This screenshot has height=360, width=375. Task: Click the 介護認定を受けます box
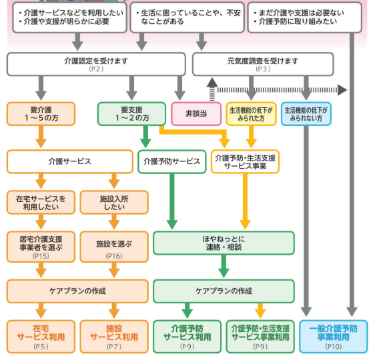(x=97, y=64)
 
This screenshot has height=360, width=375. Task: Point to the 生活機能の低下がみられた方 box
(x=250, y=113)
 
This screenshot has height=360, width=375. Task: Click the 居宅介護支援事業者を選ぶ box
(x=41, y=244)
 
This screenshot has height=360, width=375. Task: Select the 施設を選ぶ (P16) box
(x=113, y=244)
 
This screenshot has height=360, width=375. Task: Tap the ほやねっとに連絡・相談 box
(x=223, y=243)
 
